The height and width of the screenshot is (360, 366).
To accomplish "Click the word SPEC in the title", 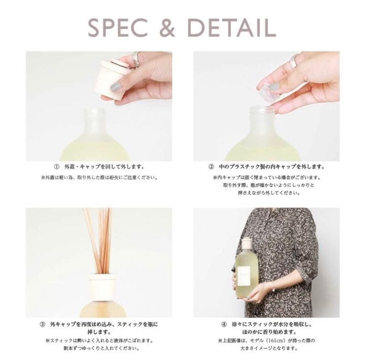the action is pyautogui.click(x=118, y=28).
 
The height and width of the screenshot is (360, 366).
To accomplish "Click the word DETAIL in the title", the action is pyautogui.click(x=232, y=28).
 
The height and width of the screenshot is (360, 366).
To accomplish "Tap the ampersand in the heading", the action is pyautogui.click(x=167, y=28).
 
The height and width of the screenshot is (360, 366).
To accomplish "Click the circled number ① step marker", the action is pyautogui.click(x=56, y=167).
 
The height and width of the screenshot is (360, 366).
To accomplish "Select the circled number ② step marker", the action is pyautogui.click(x=211, y=167).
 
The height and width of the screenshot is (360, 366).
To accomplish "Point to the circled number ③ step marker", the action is pyautogui.click(x=42, y=324).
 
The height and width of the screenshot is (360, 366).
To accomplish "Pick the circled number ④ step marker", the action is pyautogui.click(x=224, y=324).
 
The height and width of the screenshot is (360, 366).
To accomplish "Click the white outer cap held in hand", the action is pyautogui.click(x=112, y=78).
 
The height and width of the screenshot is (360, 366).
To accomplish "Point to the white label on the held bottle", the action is pyautogui.click(x=244, y=276).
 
